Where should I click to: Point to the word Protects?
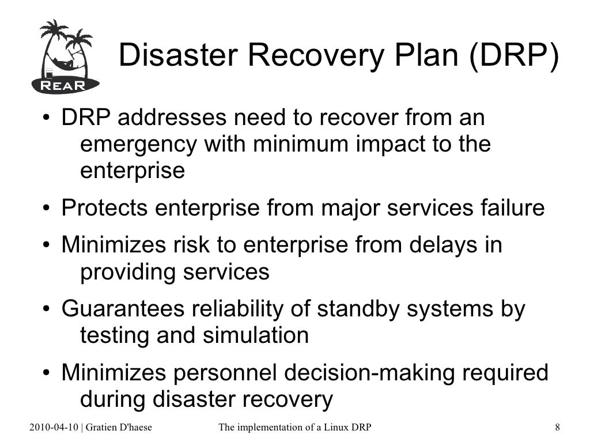tap(104, 208)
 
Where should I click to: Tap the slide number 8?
tap(557, 427)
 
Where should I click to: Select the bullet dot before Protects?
tap(44, 209)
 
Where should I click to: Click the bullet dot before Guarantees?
tap(44, 310)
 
